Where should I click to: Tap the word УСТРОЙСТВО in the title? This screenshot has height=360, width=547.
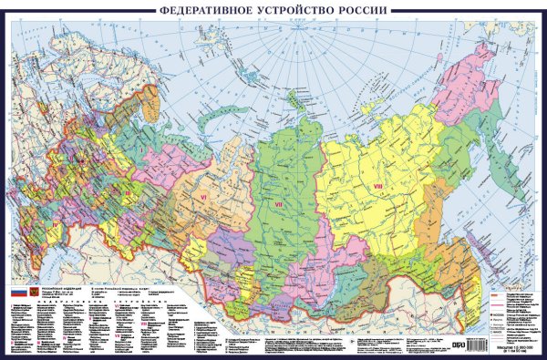[297, 10]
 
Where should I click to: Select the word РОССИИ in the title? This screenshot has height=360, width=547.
[364, 10]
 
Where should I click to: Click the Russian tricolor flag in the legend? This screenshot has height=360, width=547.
[16, 292]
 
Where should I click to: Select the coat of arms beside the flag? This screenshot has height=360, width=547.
[34, 292]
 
